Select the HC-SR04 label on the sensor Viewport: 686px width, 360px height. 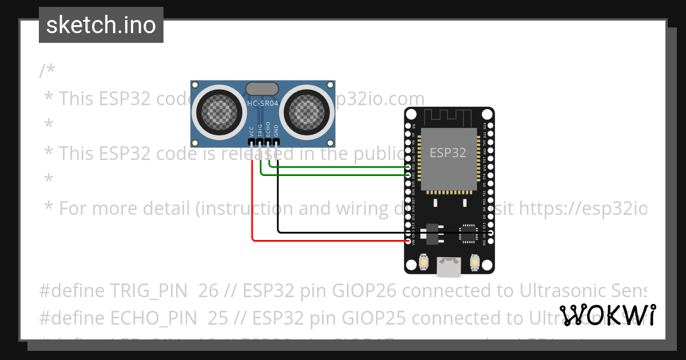point(262,103)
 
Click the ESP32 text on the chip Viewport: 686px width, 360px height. point(448,153)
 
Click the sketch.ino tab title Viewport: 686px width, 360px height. point(101,25)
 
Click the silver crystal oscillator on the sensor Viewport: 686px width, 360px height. point(262,88)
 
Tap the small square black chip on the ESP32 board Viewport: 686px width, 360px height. point(468,233)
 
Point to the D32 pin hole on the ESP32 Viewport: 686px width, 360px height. point(408,167)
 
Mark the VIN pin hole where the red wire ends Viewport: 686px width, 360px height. point(408,241)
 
